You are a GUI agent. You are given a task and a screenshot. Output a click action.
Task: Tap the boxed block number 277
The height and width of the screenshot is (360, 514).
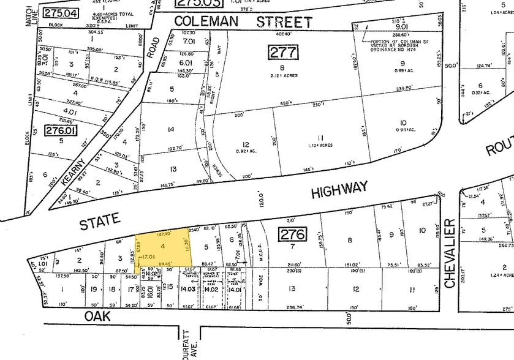(282, 52)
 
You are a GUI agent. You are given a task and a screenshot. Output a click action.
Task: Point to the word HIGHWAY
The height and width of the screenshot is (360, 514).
(339, 189)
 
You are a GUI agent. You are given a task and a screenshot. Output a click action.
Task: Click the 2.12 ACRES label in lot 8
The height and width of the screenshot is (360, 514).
(282, 76)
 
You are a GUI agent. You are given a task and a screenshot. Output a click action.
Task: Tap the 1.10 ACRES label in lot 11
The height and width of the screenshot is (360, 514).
(320, 146)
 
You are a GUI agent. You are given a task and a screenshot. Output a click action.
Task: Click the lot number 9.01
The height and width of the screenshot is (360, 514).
(402, 26)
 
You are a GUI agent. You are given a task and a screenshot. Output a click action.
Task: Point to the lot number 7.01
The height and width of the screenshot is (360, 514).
(188, 41)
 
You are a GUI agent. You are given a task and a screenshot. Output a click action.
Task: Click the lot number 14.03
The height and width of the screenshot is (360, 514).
(187, 289)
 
